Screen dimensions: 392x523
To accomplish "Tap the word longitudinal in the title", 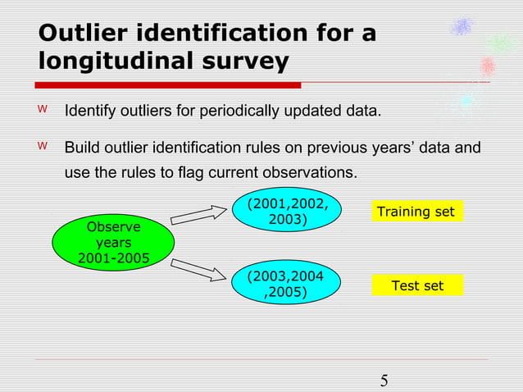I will [x=116, y=62].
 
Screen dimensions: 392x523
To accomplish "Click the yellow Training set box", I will [x=415, y=212].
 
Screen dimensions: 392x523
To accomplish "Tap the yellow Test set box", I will [x=417, y=285].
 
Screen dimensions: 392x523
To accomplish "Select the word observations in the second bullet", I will [x=311, y=173].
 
